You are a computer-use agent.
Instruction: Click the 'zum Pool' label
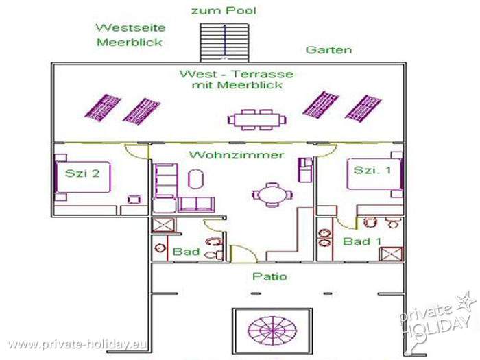pyautogui.click(x=224, y=10)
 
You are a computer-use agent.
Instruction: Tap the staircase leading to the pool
pyautogui.click(x=225, y=43)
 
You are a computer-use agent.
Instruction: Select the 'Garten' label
pyautogui.click(x=328, y=49)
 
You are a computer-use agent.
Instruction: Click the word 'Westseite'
pyautogui.click(x=130, y=27)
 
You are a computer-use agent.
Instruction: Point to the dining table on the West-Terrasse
pyautogui.click(x=257, y=120)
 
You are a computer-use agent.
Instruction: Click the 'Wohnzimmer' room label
pyautogui.click(x=237, y=155)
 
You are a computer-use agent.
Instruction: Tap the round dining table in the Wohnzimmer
pyautogui.click(x=272, y=195)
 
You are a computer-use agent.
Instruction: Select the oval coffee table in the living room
pyautogui.click(x=195, y=179)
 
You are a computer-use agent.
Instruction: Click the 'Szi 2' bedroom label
pyautogui.click(x=82, y=173)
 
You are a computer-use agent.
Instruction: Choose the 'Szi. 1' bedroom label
pyautogui.click(x=372, y=170)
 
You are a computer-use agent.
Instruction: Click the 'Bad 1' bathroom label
pyautogui.click(x=362, y=241)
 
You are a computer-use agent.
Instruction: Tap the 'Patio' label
pyautogui.click(x=269, y=276)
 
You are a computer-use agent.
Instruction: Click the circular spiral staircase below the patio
pyautogui.click(x=272, y=331)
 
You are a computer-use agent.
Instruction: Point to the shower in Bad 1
pyautogui.click(x=391, y=254)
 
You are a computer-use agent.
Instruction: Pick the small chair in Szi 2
pyautogui.click(x=134, y=200)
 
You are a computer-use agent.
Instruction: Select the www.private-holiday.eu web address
pyautogui.click(x=77, y=344)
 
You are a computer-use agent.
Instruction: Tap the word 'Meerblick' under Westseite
pyautogui.click(x=130, y=42)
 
